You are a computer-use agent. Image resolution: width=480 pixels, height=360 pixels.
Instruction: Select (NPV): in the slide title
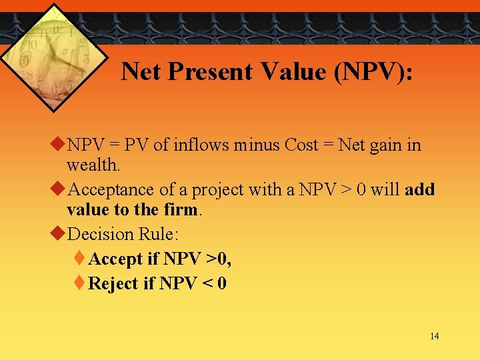point(374,71)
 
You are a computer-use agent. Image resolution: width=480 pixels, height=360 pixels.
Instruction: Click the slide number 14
point(434,336)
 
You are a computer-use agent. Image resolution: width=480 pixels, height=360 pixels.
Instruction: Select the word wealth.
point(93,164)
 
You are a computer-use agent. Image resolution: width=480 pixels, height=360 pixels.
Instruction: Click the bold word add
point(419,190)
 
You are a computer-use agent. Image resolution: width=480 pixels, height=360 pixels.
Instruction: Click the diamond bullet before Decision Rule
point(58,234)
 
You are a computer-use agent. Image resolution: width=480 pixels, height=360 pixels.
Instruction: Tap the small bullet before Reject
point(80,283)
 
